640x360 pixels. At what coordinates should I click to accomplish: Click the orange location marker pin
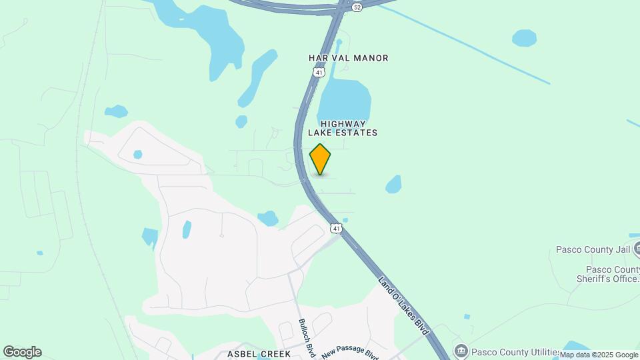(x=320, y=159)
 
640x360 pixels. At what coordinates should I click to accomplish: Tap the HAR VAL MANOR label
(x=348, y=58)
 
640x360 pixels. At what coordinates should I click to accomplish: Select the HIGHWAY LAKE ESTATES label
(x=343, y=128)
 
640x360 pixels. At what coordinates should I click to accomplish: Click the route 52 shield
(x=357, y=7)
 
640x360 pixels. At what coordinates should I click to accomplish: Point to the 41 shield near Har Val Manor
(x=320, y=72)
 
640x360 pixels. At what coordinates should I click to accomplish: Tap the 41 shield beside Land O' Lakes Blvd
(x=336, y=229)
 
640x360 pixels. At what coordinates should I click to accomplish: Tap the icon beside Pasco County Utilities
(x=461, y=351)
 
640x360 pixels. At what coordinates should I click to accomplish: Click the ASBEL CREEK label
(x=259, y=353)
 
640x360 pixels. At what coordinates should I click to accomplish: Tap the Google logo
(x=22, y=352)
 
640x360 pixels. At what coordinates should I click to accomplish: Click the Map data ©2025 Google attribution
(x=599, y=355)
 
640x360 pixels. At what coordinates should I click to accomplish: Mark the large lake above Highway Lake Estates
(x=344, y=101)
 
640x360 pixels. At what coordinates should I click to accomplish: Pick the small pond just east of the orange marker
(x=394, y=184)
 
